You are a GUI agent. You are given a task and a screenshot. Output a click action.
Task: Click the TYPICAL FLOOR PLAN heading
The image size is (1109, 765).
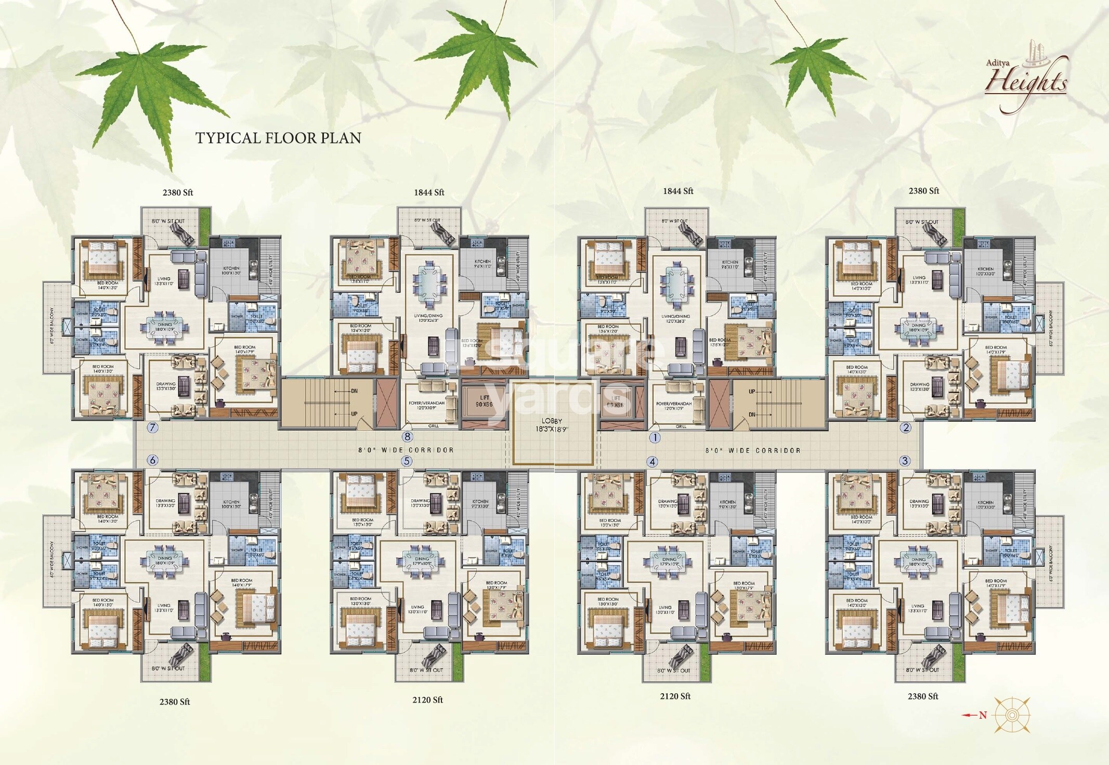tap(278, 138)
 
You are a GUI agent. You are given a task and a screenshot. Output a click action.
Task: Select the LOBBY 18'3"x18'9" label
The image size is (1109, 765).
tap(552, 425)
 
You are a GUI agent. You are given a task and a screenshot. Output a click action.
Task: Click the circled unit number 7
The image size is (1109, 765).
tap(152, 428)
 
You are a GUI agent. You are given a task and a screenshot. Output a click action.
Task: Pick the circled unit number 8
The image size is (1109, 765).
tap(407, 437)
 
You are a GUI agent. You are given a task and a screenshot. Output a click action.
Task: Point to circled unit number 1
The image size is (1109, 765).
tap(655, 438)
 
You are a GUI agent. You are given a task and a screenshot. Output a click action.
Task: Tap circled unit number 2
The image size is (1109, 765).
tap(906, 427)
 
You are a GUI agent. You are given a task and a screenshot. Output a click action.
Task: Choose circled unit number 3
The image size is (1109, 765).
tap(905, 461)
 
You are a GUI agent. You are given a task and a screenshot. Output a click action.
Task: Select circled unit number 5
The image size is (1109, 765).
tap(407, 461)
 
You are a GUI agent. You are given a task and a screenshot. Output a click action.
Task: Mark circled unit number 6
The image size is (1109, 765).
tap(152, 460)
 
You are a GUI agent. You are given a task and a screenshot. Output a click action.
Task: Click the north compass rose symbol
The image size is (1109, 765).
tap(1011, 716)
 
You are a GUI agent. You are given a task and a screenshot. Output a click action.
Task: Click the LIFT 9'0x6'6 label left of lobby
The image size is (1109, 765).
tap(484, 400)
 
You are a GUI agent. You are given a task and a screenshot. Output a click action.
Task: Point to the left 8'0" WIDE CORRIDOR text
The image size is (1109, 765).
tap(406, 450)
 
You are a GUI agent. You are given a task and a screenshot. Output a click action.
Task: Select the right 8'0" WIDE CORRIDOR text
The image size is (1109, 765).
tap(752, 450)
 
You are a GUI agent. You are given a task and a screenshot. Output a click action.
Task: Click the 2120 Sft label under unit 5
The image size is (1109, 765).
tap(427, 700)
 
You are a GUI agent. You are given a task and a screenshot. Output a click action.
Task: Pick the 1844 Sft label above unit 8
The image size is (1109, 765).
tap(429, 192)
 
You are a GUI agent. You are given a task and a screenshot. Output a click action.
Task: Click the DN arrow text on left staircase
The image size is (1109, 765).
tap(354, 391)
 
